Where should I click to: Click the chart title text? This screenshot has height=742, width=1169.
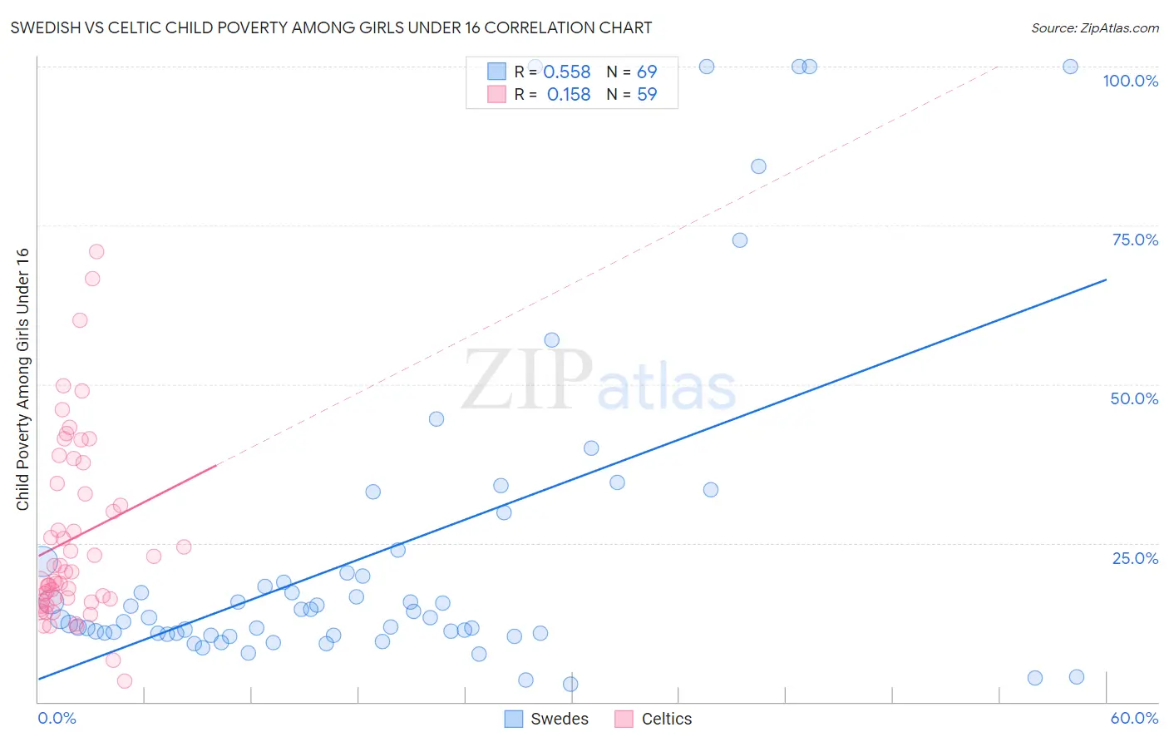(331, 27)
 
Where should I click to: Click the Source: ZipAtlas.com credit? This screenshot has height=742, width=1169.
(1094, 27)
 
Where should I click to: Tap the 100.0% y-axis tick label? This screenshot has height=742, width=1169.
(1130, 81)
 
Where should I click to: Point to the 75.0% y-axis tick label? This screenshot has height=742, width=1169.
(1135, 240)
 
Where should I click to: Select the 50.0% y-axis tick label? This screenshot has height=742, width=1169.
(1134, 398)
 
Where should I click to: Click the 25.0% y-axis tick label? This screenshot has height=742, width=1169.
(1135, 558)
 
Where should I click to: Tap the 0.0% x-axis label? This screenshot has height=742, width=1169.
(57, 718)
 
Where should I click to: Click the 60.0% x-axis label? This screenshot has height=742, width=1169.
(1134, 718)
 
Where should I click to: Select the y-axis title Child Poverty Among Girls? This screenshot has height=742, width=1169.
(22, 379)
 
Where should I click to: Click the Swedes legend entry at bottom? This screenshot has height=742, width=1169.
(546, 719)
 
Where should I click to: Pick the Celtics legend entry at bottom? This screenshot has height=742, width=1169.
(654, 719)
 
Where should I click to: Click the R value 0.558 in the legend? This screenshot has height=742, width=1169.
(566, 72)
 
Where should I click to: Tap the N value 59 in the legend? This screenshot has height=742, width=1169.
(647, 95)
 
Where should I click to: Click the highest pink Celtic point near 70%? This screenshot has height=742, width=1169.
(96, 251)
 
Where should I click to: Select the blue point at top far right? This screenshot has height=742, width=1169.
(1071, 67)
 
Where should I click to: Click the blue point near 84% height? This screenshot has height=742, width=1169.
(758, 166)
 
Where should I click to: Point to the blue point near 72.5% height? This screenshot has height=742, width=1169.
(740, 240)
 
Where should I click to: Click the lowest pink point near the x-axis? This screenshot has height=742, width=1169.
(125, 681)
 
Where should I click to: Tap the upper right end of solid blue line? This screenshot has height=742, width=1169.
(1106, 280)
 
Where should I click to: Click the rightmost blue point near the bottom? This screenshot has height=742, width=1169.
(1077, 677)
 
